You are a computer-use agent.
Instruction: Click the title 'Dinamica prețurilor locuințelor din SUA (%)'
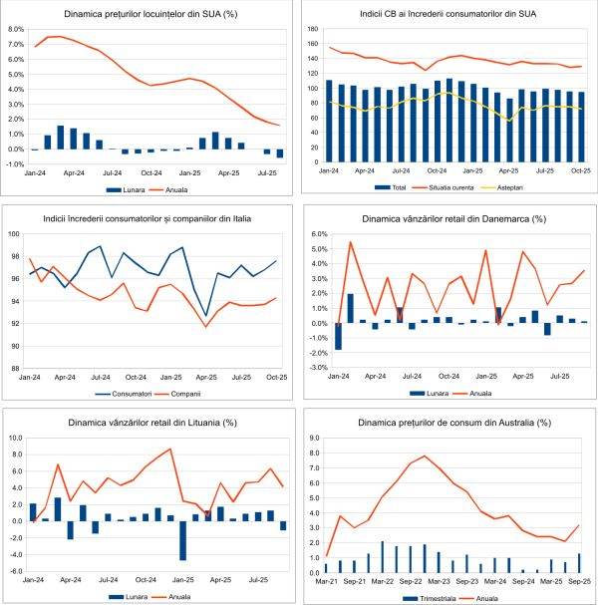[x=149, y=15]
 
